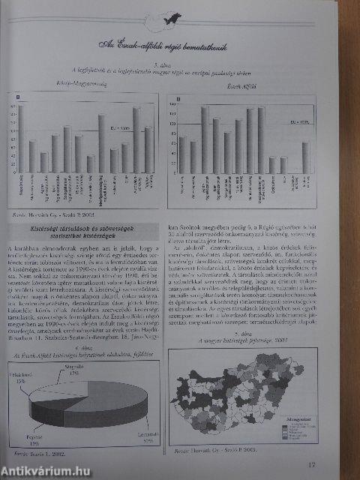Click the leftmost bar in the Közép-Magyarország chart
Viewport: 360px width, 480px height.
(20, 139)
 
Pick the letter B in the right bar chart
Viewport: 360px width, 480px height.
(177, 97)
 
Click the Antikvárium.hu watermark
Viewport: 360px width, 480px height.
(49, 469)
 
